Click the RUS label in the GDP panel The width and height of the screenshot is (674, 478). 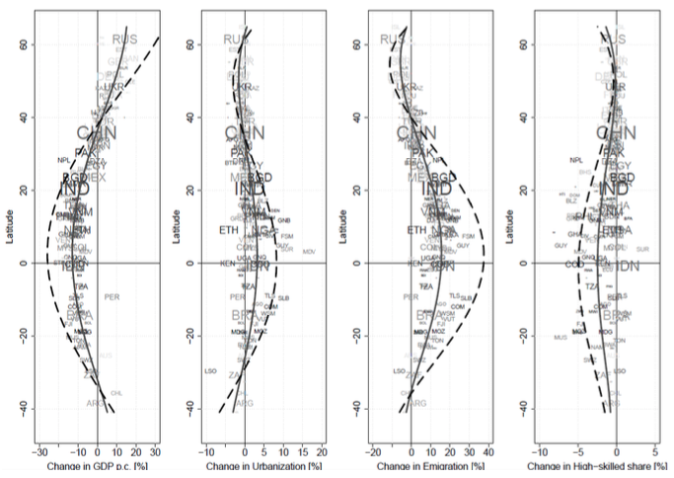click(x=125, y=40)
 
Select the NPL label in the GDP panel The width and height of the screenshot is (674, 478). click(x=64, y=160)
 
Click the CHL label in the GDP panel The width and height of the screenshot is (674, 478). click(x=115, y=393)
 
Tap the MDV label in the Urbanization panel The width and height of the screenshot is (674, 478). click(x=309, y=252)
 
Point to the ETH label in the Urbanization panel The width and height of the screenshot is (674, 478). click(x=229, y=230)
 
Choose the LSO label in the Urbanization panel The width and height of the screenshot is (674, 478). click(x=209, y=371)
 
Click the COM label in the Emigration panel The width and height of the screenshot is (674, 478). click(x=458, y=307)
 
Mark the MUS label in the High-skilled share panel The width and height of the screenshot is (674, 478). click(x=561, y=338)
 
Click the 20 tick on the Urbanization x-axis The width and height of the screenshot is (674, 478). click(x=322, y=449)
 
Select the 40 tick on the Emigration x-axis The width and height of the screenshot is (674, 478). click(x=487, y=449)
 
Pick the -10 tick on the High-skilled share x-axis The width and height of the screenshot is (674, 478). click(x=540, y=449)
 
